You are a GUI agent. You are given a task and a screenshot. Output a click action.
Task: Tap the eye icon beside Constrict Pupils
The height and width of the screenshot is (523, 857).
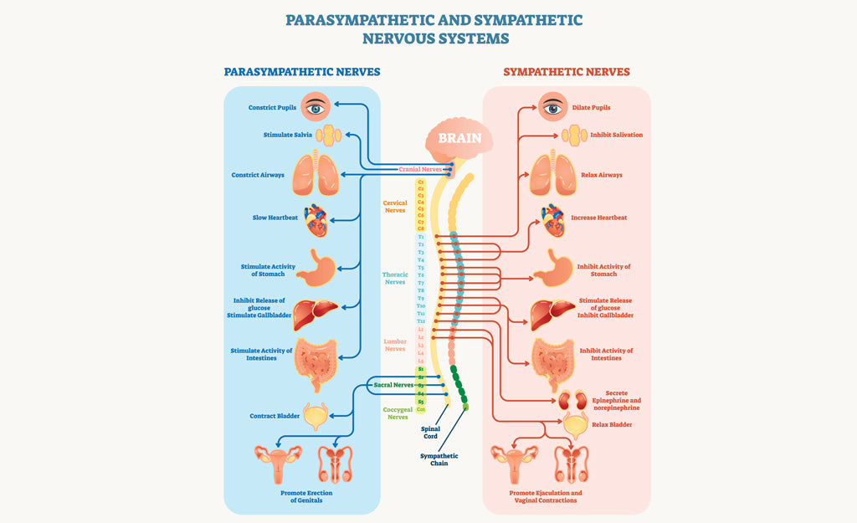[x=316, y=106]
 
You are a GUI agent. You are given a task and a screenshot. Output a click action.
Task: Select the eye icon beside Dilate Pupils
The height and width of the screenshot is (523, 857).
[x=552, y=106]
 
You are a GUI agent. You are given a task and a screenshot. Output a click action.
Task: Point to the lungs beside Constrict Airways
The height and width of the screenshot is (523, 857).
[x=316, y=174]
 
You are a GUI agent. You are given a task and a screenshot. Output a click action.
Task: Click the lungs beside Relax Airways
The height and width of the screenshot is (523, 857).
[x=552, y=174]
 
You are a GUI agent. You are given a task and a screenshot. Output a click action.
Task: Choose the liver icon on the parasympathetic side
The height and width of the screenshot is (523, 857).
[x=316, y=313]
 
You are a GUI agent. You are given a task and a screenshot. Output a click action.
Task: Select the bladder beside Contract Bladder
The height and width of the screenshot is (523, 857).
[x=316, y=416]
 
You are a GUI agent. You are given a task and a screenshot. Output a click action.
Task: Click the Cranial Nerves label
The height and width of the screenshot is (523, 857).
[x=420, y=169]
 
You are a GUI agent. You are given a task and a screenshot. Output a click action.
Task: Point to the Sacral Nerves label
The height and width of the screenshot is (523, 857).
[x=394, y=385]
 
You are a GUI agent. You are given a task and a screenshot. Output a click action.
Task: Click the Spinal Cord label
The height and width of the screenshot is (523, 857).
[x=429, y=433]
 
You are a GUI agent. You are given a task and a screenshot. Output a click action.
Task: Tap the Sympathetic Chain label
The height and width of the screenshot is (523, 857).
[x=434, y=459]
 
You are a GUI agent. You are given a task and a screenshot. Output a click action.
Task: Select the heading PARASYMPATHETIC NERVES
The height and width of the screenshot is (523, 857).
[x=301, y=72]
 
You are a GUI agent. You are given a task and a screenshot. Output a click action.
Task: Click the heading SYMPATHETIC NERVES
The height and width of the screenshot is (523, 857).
[x=567, y=72]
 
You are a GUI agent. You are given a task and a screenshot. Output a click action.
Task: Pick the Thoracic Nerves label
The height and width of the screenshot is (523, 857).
[x=395, y=278]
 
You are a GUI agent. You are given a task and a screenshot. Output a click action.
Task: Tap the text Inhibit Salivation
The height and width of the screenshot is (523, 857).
[x=617, y=135]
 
